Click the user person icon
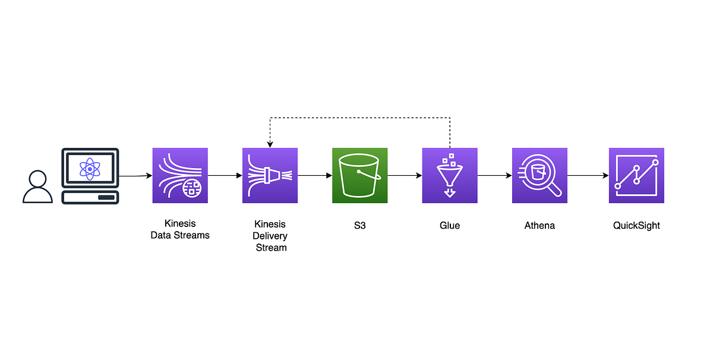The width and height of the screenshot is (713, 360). tap(37, 187)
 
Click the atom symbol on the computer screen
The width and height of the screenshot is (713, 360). tap(90, 169)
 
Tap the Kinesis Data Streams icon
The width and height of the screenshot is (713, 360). tap(180, 175)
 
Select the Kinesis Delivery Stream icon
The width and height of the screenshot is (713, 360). tap(270, 175)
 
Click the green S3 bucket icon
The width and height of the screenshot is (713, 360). tap(359, 175)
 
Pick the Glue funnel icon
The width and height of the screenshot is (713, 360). tap(450, 175)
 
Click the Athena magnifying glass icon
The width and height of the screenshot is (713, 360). tap(540, 175)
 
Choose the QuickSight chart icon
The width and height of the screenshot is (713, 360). tap(636, 175)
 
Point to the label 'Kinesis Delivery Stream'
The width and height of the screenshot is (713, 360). tap(270, 236)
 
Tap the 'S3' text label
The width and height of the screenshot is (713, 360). tap(359, 226)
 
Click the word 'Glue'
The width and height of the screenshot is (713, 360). tap(450, 226)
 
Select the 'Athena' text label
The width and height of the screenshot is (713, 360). tap(540, 226)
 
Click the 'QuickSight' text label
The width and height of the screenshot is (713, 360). tap(636, 226)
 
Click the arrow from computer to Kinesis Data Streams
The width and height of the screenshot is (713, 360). tap(135, 176)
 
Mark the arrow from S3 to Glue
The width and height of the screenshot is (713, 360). tap(405, 176)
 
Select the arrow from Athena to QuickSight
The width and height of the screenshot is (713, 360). tap(588, 176)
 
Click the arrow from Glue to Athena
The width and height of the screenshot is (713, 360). tap(494, 176)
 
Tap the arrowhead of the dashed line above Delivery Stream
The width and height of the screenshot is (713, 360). tap(270, 144)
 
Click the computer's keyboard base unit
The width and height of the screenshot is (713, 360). tap(90, 197)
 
